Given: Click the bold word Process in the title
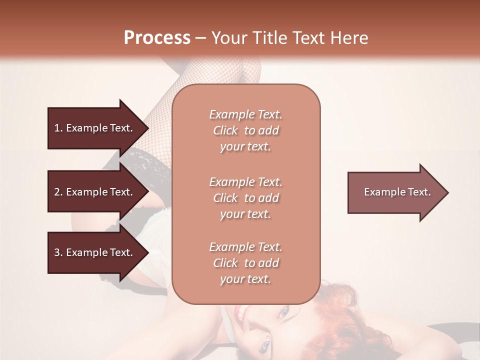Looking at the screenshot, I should click(157, 38).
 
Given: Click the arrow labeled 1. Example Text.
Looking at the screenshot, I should click(95, 128).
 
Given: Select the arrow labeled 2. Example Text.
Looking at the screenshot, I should click(95, 192).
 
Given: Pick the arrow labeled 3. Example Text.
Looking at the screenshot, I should click(95, 253).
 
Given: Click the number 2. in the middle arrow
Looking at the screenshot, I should click(58, 192).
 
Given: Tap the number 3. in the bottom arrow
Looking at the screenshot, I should click(58, 253).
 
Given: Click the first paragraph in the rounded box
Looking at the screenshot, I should click(245, 130).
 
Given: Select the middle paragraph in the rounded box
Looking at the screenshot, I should click(245, 198).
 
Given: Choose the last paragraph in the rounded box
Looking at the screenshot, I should click(245, 263).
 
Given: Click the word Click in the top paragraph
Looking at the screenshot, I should click(225, 130).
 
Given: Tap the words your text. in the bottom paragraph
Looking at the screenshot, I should click(245, 279).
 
